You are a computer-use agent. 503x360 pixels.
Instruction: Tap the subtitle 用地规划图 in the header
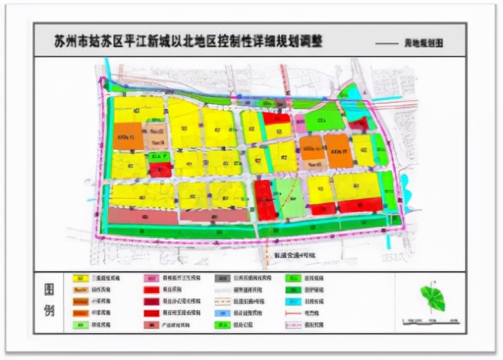pyautogui.click(x=426, y=43)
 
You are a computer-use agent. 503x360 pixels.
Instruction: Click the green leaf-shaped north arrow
pyautogui.click(x=434, y=299)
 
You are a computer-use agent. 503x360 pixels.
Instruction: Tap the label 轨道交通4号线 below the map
pyautogui.click(x=297, y=255)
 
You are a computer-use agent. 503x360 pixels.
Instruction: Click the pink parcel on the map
pyautogui.click(x=300, y=123)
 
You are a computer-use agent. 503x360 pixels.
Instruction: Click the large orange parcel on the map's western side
pyautogui.click(x=128, y=136)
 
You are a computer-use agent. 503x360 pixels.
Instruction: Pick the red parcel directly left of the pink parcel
pyautogui.click(x=276, y=119)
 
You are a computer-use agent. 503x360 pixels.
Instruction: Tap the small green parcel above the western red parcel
pyautogui.click(x=159, y=157)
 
